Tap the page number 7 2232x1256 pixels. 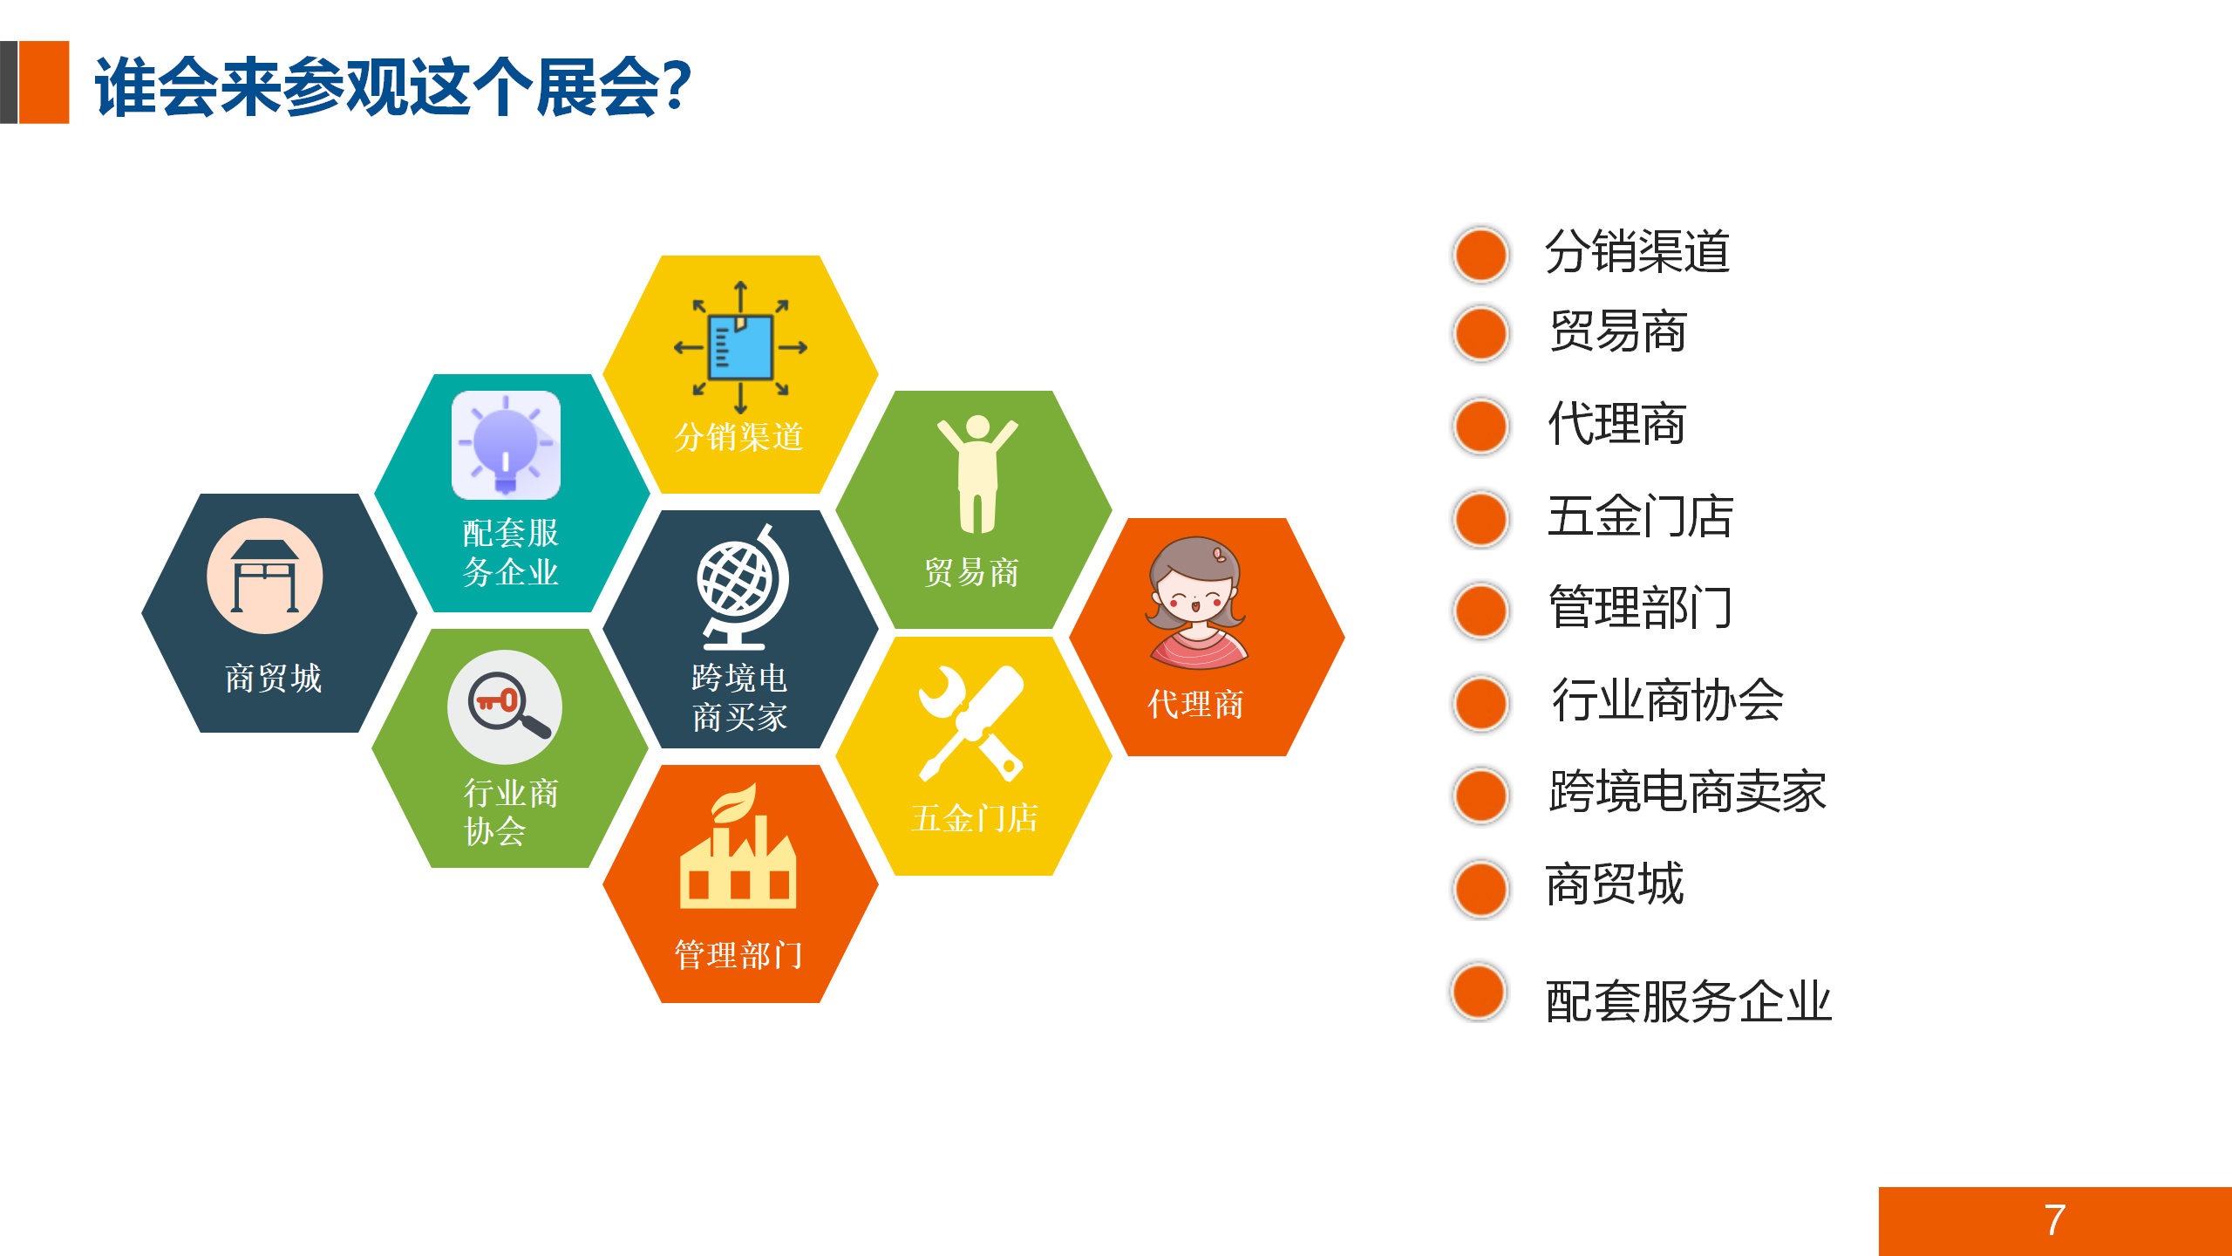coord(2054,1220)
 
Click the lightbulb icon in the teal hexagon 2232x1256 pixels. coord(506,445)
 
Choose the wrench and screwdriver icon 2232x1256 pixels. coord(972,723)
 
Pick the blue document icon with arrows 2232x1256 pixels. coord(740,348)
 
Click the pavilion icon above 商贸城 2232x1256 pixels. coord(265,577)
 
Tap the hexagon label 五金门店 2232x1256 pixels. coord(975,818)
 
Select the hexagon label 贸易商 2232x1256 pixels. coord(971,572)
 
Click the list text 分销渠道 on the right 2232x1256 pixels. coord(1637,252)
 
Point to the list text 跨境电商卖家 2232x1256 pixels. coord(1687,792)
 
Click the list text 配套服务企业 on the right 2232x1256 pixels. coord(1688,1001)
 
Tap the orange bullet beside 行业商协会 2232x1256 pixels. coord(1480,703)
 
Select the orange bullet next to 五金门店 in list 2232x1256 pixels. coord(1480,519)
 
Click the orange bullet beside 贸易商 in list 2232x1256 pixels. coord(1480,333)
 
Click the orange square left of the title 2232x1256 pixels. coord(44,82)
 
